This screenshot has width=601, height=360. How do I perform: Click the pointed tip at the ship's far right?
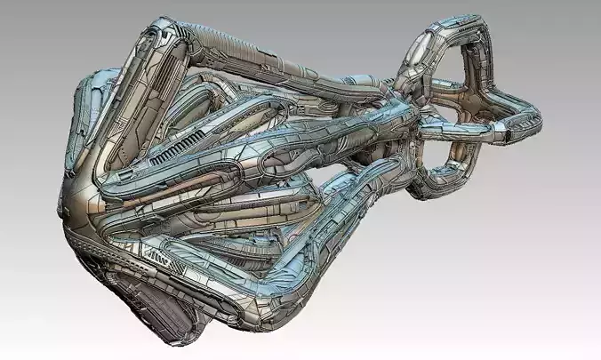538,113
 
